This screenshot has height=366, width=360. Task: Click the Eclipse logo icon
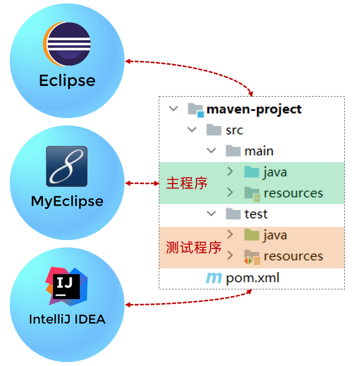(x=67, y=44)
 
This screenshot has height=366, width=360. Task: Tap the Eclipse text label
(x=67, y=81)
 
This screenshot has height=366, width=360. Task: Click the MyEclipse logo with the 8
(x=66, y=166)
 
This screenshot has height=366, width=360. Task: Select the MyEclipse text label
(x=67, y=201)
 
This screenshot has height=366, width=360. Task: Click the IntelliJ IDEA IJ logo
(x=66, y=285)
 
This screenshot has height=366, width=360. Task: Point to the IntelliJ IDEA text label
(x=67, y=320)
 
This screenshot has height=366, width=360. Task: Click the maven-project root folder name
(x=254, y=109)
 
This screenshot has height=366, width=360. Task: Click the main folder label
(x=259, y=151)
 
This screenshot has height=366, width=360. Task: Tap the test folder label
(x=256, y=214)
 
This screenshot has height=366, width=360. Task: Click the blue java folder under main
(x=252, y=172)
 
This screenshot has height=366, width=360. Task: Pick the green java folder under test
(x=252, y=235)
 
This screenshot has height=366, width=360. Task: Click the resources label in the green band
(x=293, y=193)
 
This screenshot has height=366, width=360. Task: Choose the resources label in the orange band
(x=293, y=256)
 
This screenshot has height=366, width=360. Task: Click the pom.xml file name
(x=253, y=278)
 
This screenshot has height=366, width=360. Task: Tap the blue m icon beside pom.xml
(x=213, y=279)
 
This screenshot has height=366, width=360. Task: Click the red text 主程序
(x=187, y=183)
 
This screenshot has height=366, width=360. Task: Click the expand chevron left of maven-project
(x=173, y=109)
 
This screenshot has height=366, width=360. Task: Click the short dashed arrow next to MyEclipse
(x=142, y=183)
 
